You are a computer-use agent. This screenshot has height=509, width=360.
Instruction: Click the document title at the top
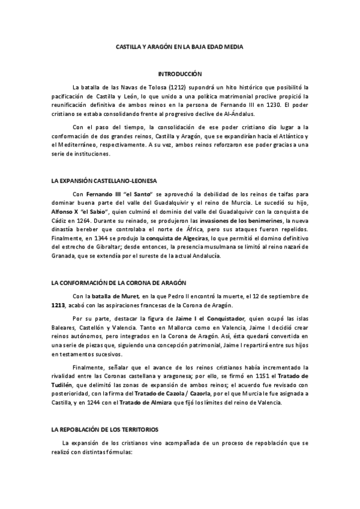click(179, 46)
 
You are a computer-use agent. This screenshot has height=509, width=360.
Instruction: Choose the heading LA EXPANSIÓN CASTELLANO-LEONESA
click(104, 181)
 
